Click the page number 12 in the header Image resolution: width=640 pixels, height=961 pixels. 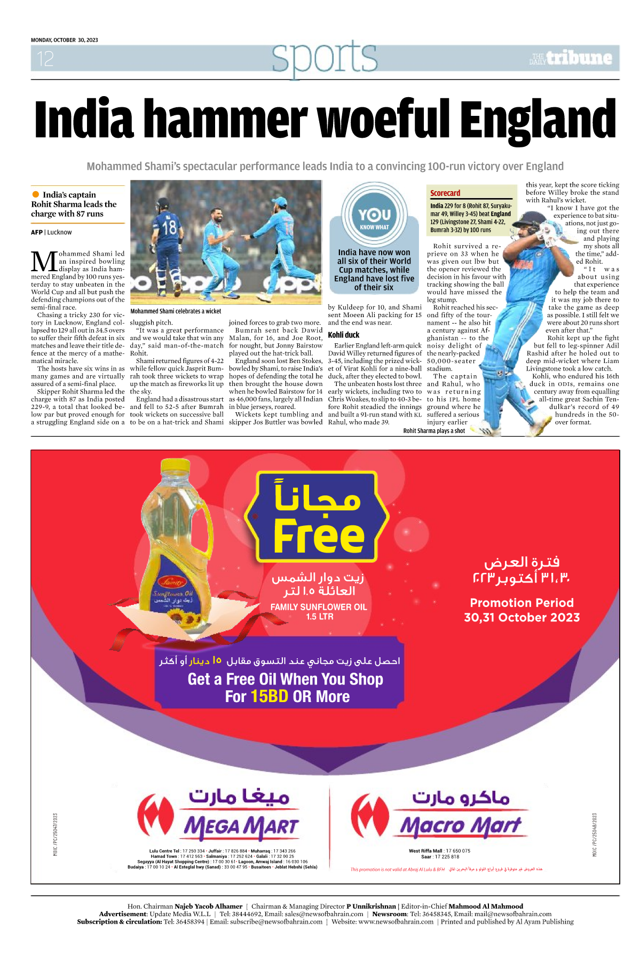point(45,59)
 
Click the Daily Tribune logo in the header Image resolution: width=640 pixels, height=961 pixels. point(571,58)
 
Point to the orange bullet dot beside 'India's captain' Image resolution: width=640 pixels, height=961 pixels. point(36,194)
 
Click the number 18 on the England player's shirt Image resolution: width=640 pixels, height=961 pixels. point(169,227)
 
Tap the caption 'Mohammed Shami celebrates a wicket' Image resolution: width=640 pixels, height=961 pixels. point(176,311)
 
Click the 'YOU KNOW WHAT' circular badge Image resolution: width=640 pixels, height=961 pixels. point(374,216)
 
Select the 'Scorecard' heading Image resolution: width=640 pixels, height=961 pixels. point(445,193)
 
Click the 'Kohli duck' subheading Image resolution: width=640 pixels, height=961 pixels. point(344,335)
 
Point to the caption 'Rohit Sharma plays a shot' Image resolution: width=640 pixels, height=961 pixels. point(434,431)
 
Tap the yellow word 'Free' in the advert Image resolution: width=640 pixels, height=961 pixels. point(319,536)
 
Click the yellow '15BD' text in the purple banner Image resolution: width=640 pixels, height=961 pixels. point(270,697)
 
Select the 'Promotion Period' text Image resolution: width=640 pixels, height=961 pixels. point(522,603)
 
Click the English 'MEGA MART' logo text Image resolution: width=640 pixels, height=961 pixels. point(241,827)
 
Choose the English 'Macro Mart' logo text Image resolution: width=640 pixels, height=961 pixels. point(460,826)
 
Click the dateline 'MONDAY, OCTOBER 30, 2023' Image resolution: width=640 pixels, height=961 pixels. point(65,40)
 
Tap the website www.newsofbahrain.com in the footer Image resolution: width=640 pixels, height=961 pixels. point(382,921)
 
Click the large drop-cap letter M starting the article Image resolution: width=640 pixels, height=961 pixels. point(44,261)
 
